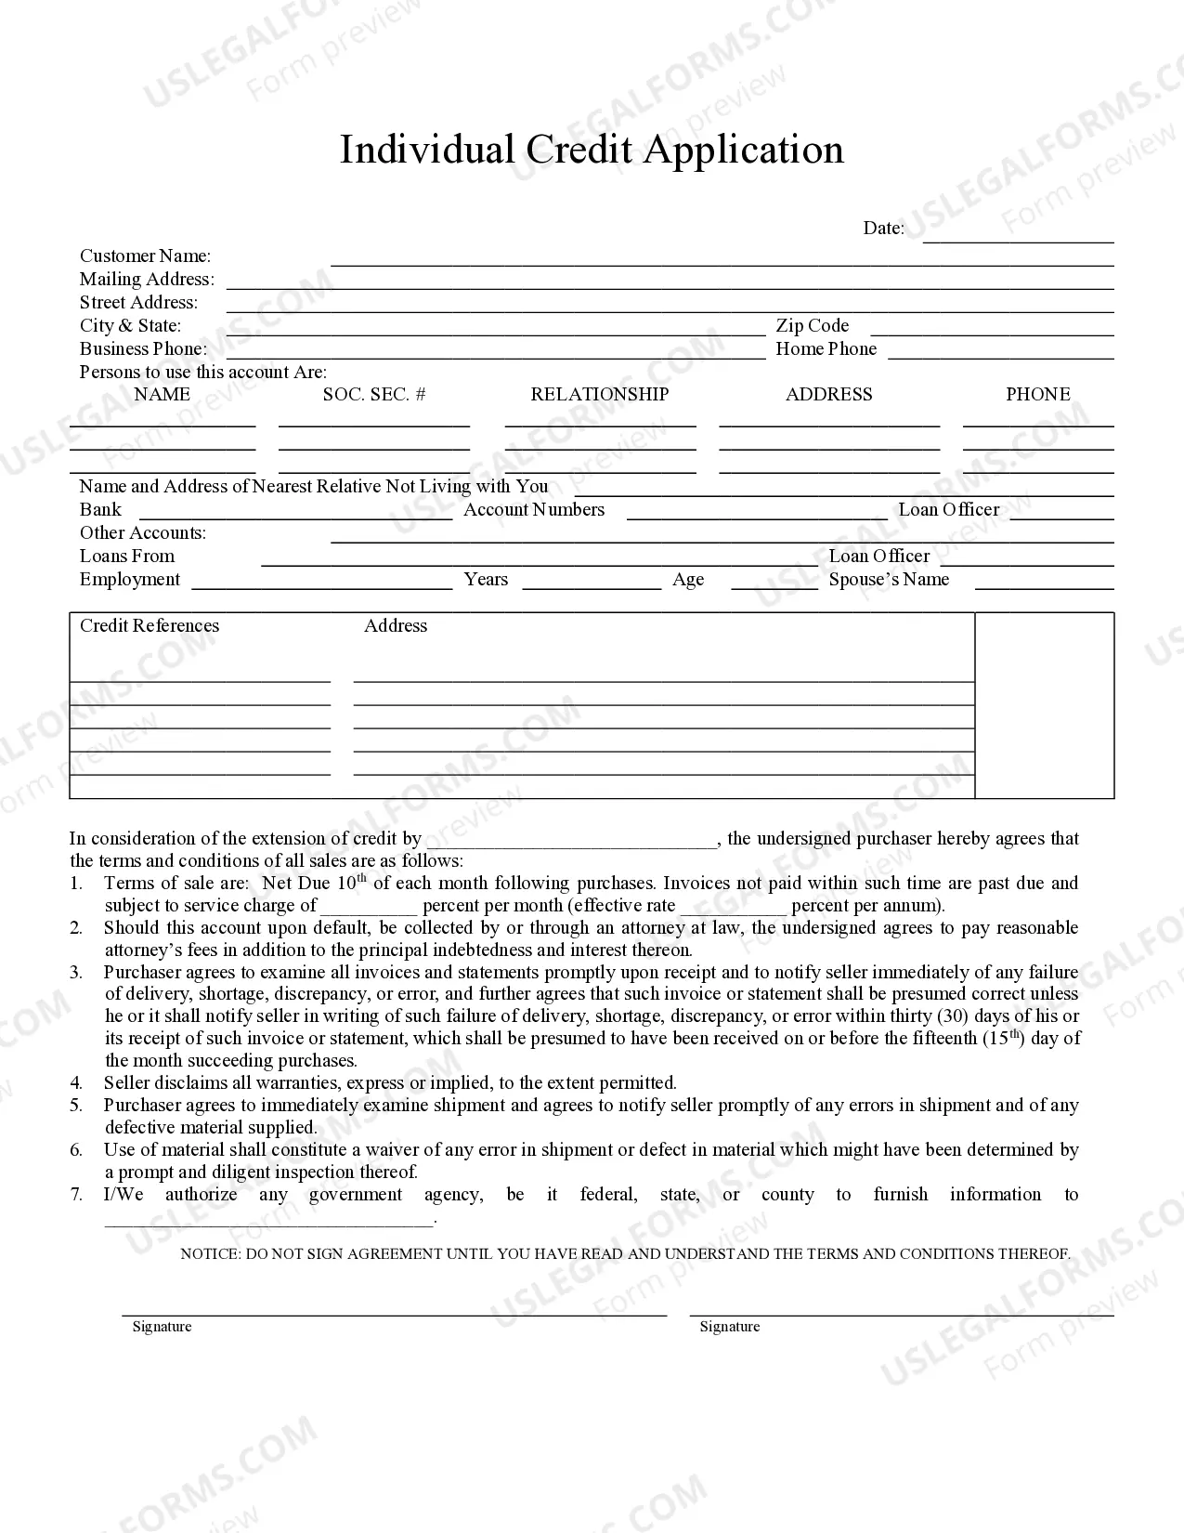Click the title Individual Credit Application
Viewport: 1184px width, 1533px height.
pos(592,150)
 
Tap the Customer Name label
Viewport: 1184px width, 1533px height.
pos(145,255)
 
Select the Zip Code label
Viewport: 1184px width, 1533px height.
pos(812,325)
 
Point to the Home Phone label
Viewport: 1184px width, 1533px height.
pos(826,348)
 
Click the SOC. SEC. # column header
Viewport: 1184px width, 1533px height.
pos(374,394)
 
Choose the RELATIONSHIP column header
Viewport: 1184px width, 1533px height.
pos(599,394)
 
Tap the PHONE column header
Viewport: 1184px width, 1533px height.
pos(1037,394)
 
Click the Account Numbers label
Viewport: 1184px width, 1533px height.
pos(534,509)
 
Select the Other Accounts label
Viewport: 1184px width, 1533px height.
pos(143,532)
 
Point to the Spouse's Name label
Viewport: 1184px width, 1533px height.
pos(889,579)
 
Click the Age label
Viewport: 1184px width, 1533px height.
pos(688,579)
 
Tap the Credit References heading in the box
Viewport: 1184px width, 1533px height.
pos(150,625)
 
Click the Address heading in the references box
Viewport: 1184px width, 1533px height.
pos(396,625)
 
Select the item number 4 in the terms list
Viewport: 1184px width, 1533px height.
pos(76,1082)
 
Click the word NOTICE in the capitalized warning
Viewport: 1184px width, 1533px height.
pos(209,1253)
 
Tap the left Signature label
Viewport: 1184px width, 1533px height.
pos(162,1326)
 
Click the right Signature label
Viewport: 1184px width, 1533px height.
pos(729,1326)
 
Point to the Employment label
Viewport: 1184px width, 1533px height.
pos(129,579)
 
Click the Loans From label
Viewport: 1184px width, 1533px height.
pos(126,556)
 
